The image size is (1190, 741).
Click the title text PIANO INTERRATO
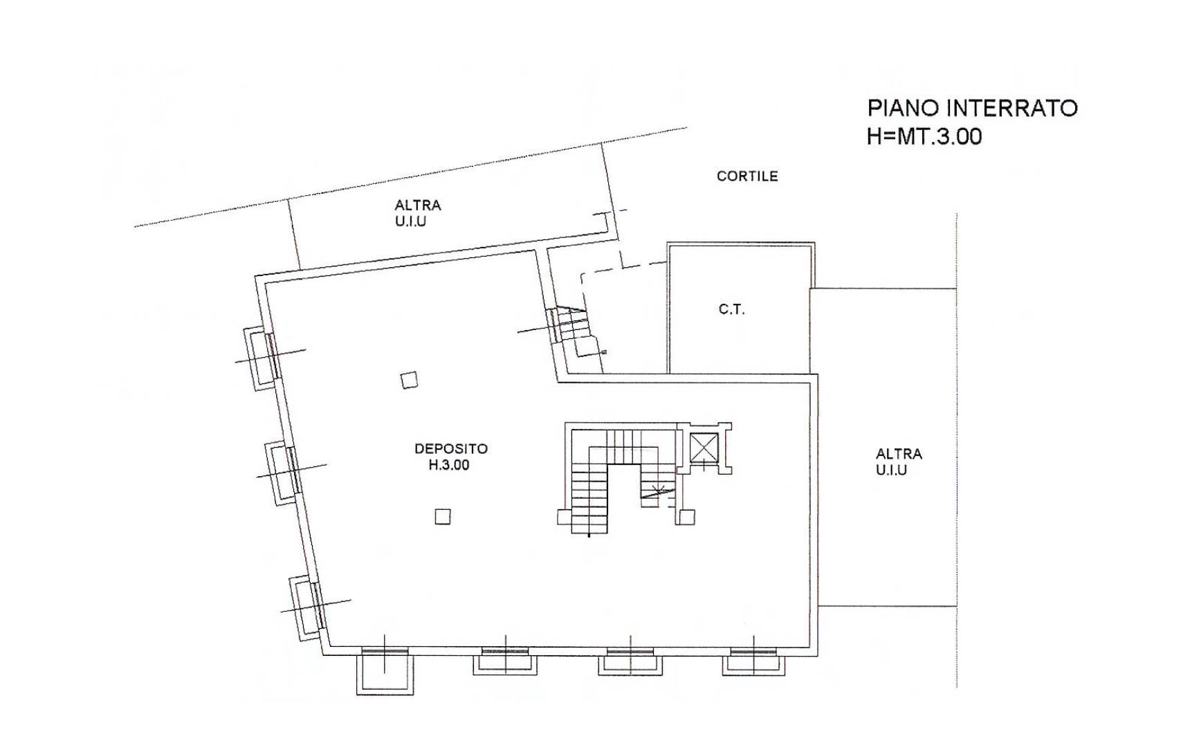(x=972, y=108)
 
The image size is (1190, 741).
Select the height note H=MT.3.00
(x=924, y=136)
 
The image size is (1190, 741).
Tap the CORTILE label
(x=747, y=176)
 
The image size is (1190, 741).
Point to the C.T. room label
(x=731, y=309)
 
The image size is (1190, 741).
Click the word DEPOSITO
(x=451, y=448)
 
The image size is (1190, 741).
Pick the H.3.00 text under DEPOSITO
(x=449, y=465)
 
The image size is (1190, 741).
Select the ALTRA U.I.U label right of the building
(x=899, y=461)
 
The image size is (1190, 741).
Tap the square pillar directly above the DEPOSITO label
(x=409, y=380)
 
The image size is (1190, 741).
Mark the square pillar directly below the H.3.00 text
(x=443, y=516)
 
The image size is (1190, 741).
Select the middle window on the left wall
(x=283, y=473)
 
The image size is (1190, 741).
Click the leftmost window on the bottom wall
(x=384, y=670)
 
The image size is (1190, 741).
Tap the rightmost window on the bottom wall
(x=754, y=661)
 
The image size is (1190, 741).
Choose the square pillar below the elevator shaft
(x=686, y=516)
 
